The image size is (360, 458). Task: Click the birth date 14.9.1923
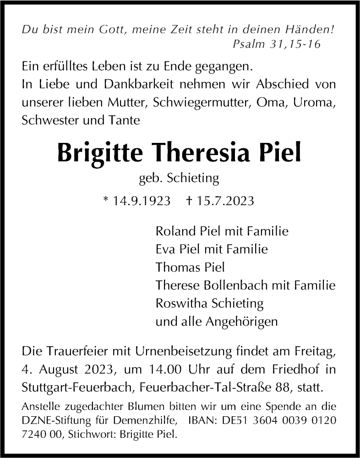tap(141, 202)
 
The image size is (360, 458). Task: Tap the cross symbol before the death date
tap(190, 202)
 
